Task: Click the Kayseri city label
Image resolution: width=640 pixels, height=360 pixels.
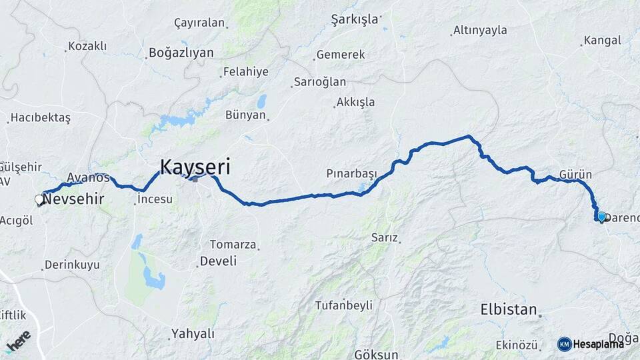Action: tap(195, 166)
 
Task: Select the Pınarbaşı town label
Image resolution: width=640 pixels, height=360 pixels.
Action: tap(351, 173)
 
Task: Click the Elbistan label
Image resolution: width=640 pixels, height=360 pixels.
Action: tap(509, 309)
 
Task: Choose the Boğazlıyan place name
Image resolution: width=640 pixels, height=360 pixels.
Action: tap(181, 52)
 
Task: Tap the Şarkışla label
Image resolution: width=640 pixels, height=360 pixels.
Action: tap(354, 19)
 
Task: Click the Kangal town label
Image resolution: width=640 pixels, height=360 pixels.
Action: tap(602, 41)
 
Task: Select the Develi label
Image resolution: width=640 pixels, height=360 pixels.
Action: tap(219, 261)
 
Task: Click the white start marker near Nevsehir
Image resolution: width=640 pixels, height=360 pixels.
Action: tap(39, 199)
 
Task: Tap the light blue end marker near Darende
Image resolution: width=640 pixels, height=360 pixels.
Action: tap(601, 217)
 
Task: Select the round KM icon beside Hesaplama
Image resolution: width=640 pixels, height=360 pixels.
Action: tap(564, 344)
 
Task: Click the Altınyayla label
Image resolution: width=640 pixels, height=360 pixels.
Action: tap(479, 30)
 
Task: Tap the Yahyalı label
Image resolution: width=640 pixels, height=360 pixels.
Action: tap(193, 333)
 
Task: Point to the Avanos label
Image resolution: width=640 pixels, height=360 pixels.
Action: tap(87, 178)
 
